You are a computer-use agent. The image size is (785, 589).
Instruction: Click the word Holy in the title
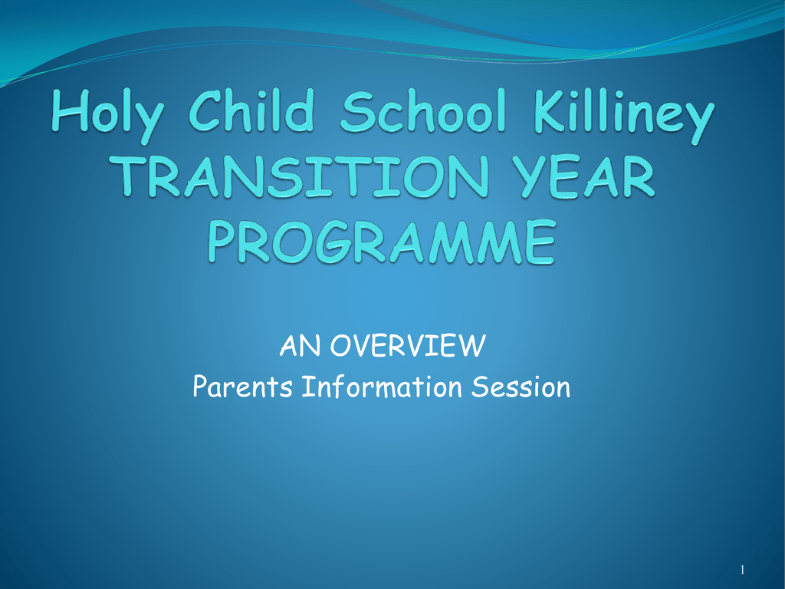click(107, 116)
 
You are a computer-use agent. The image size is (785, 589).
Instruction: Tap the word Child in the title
click(251, 110)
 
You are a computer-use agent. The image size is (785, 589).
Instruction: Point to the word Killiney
click(624, 116)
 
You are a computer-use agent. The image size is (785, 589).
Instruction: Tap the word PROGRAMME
click(382, 242)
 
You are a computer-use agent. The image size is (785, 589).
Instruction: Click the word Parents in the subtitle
click(242, 387)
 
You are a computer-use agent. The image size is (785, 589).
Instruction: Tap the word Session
click(521, 387)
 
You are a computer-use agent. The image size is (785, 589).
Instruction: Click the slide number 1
click(742, 570)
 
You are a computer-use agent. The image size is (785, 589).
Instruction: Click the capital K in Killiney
click(550, 110)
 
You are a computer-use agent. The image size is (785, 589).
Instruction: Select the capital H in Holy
click(70, 110)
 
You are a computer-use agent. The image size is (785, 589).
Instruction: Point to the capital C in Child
click(205, 110)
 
